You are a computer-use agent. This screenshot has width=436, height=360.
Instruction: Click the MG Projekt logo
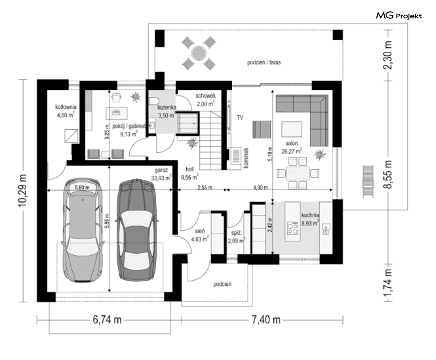click(399, 16)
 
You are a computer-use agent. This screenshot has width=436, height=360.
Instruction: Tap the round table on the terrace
click(199, 53)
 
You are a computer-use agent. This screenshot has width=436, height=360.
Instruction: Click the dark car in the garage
click(136, 229)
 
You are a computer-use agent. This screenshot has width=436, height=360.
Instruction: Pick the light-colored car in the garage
click(83, 229)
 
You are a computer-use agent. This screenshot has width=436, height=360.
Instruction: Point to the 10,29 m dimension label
click(23, 190)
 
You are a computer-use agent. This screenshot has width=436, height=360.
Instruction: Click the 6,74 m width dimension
click(107, 320)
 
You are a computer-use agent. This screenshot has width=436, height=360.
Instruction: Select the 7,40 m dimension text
click(266, 320)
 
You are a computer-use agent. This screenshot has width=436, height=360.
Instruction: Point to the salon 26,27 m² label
click(292, 147)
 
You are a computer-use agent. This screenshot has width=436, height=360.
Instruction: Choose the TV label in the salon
click(240, 118)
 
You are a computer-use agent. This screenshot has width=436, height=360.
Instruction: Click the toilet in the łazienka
click(153, 101)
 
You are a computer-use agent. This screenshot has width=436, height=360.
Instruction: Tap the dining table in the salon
click(298, 173)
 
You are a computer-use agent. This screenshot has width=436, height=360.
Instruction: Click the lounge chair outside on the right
click(368, 182)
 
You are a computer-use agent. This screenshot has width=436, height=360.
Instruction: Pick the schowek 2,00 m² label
click(206, 100)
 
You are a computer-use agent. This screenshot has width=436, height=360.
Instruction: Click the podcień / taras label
click(264, 62)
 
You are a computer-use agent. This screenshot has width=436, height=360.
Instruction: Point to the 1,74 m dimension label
click(388, 283)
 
